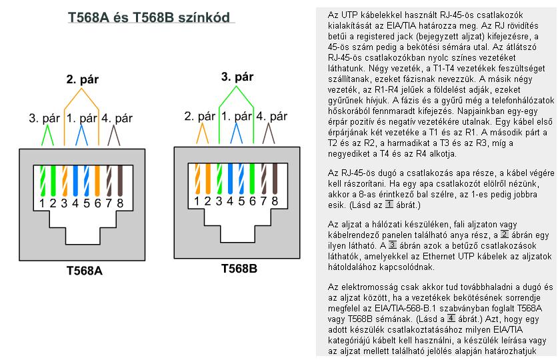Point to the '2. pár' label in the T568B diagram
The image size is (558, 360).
point(199,115)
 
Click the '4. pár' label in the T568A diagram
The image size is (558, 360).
point(115,119)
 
